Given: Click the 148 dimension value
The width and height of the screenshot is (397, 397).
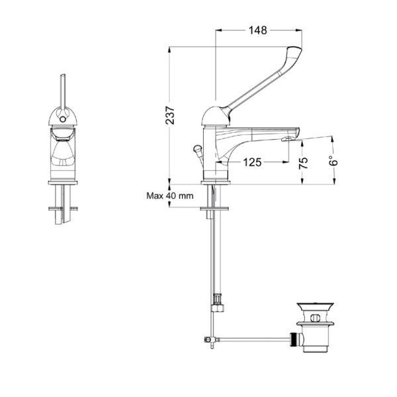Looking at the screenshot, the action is pos(258,30).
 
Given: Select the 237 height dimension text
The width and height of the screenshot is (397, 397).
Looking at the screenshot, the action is pos(170,116).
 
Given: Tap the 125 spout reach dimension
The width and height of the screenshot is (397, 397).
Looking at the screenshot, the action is pos(252,162).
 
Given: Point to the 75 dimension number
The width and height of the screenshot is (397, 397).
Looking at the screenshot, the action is pos(303,163).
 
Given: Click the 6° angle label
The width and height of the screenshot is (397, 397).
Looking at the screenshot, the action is pos(333,159).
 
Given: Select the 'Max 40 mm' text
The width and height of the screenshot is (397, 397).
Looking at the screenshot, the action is pos(170,196).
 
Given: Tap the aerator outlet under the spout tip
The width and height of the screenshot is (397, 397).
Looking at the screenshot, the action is pos(287,139).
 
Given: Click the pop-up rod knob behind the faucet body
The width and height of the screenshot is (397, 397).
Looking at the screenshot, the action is pos(197,148).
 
